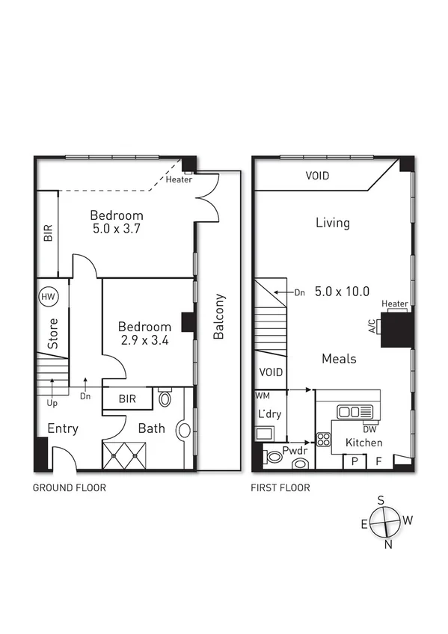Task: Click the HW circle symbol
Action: [49, 297]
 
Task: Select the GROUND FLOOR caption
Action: [68, 488]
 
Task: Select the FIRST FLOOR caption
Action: [280, 488]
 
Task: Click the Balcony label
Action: [219, 316]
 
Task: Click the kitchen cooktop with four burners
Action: [324, 440]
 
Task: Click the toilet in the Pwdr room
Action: [301, 464]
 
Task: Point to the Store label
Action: [53, 334]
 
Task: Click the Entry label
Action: [64, 429]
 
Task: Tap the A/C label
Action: [371, 327]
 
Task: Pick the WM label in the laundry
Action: [262, 394]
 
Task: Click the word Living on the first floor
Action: [332, 223]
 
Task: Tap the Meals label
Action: [338, 359]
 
